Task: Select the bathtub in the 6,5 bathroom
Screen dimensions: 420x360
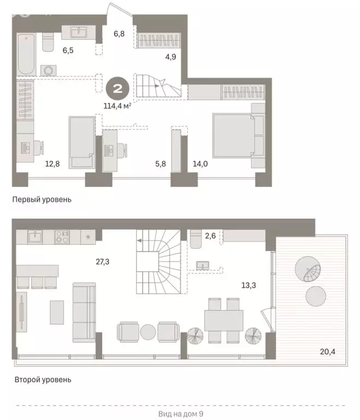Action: click(26, 55)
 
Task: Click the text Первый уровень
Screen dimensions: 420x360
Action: click(42, 200)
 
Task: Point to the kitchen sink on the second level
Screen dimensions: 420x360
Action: click(35, 237)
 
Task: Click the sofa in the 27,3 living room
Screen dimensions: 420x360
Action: click(84, 312)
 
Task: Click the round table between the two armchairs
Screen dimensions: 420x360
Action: click(148, 331)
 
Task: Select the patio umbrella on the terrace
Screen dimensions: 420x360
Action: click(309, 269)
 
